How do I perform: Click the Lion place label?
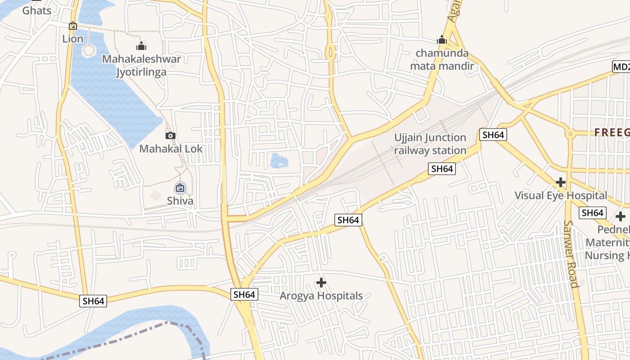click(x=73, y=39)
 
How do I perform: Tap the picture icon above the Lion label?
click(x=73, y=26)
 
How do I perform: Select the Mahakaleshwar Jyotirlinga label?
click(x=141, y=65)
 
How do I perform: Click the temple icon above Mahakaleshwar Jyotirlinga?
click(x=141, y=46)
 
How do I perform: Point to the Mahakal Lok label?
click(x=171, y=148)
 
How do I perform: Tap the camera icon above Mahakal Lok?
click(x=170, y=135)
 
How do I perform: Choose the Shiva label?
click(x=180, y=201)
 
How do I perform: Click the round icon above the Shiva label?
click(x=180, y=188)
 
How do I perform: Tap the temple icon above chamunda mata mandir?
click(x=442, y=40)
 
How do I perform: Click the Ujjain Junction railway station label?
click(x=430, y=144)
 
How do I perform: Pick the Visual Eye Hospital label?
click(x=561, y=195)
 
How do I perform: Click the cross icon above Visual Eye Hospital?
click(x=560, y=182)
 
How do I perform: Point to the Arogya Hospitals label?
click(x=321, y=296)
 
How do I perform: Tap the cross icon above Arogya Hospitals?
click(x=321, y=283)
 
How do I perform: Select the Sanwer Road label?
click(x=571, y=254)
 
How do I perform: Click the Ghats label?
click(x=37, y=10)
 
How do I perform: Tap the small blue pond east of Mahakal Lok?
click(x=279, y=161)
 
